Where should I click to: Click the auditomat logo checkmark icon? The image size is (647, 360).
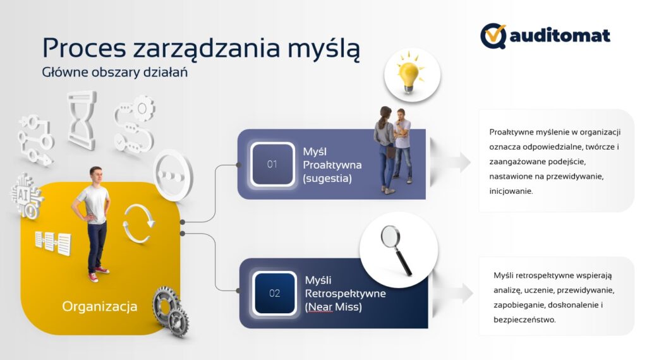click(x=493, y=36)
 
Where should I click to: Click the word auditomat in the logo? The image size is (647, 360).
click(x=560, y=35)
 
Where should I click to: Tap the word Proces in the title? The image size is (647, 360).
click(x=84, y=48)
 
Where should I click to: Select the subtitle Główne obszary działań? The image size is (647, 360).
click(x=115, y=72)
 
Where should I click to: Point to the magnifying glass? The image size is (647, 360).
click(x=396, y=250)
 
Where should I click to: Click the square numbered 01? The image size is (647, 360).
click(x=272, y=164)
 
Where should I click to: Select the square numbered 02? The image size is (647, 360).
click(x=274, y=293)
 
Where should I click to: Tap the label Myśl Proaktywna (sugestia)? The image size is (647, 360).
click(x=332, y=165)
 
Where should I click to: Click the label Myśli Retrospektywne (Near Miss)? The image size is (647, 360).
click(x=346, y=294)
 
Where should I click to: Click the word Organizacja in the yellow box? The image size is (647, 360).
click(x=99, y=306)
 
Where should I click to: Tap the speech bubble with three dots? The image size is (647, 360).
click(x=173, y=175)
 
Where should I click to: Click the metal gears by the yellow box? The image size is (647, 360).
click(x=171, y=311)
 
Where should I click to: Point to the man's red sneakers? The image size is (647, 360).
click(x=98, y=274)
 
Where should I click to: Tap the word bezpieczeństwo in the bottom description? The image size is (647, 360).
click(x=524, y=320)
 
